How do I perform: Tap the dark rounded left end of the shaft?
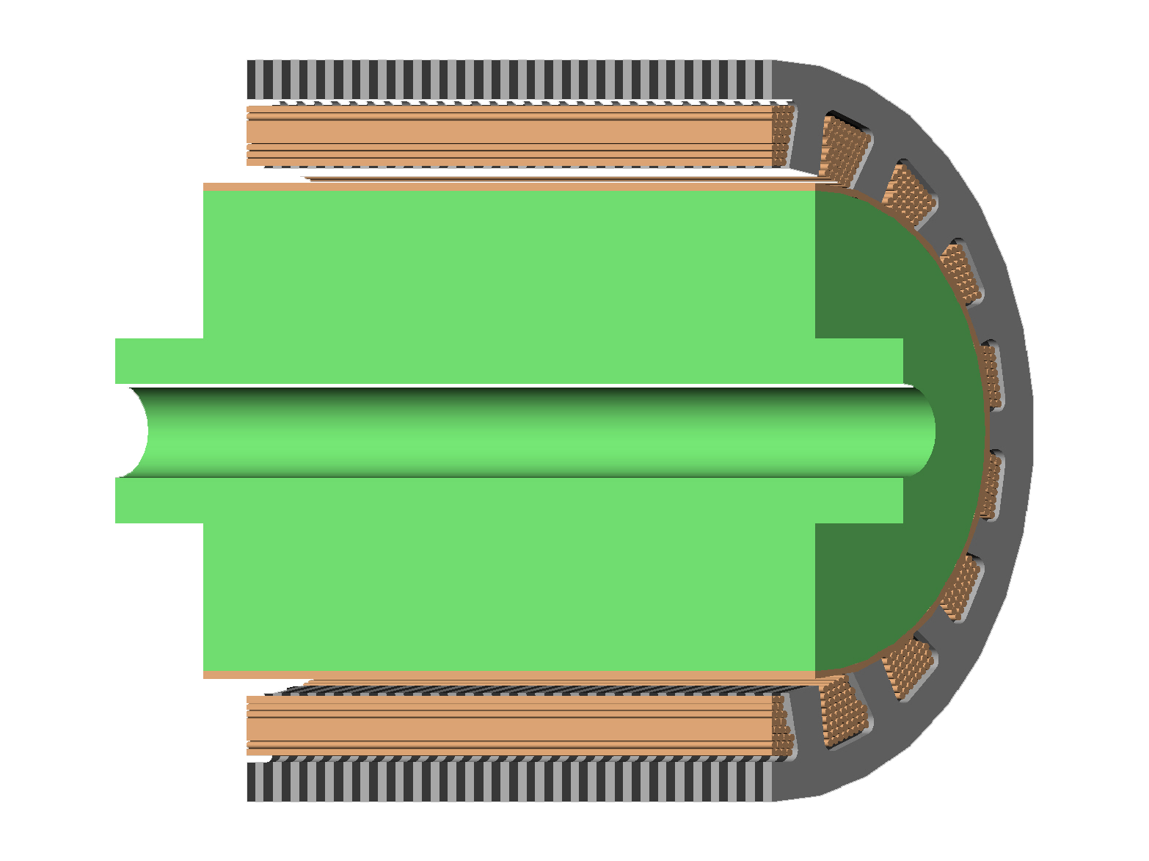click(x=132, y=432)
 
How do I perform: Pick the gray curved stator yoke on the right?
click(x=1016, y=432)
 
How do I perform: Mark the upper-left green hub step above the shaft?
click(x=158, y=360)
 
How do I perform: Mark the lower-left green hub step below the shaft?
click(x=158, y=501)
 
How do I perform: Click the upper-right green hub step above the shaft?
click(x=858, y=360)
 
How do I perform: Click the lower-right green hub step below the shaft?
click(x=858, y=501)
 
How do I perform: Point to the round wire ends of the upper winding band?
click(x=784, y=136)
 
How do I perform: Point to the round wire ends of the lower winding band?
click(x=784, y=725)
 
